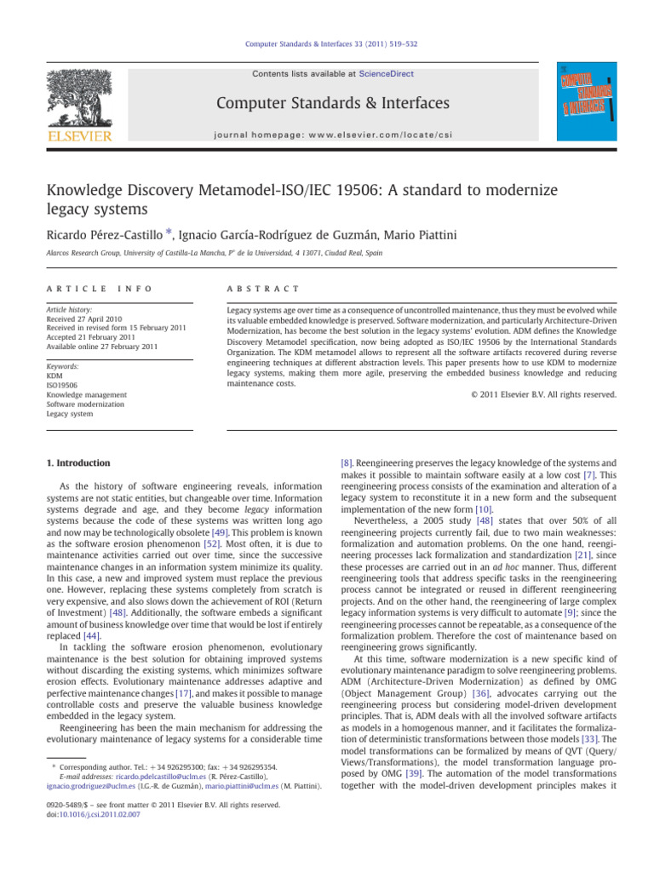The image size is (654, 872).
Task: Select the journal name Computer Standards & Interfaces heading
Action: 333,103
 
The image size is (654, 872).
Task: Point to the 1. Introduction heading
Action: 77,462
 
